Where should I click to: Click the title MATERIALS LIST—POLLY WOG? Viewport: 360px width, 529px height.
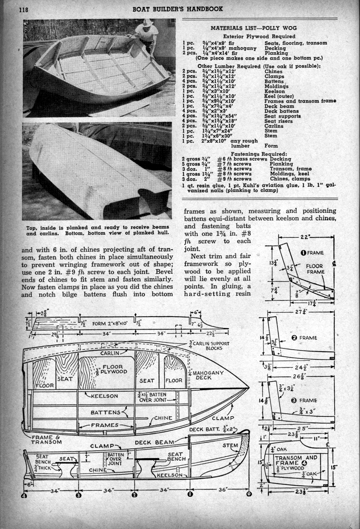pyautogui.click(x=253, y=28)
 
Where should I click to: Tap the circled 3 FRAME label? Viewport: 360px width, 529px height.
pyautogui.click(x=304, y=401)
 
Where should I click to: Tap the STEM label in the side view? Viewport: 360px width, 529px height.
pyautogui.click(x=230, y=446)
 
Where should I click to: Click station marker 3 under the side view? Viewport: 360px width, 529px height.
pyautogui.click(x=78, y=495)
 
